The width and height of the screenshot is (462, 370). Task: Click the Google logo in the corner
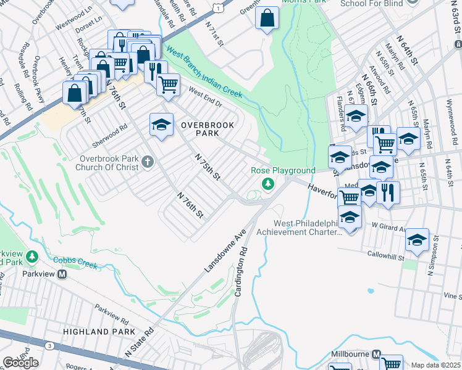[20, 363]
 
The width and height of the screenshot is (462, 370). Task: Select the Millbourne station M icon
[376, 355]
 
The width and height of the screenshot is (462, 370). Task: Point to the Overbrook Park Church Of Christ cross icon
[147, 162]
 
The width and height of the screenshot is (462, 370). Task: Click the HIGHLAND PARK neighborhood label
[94, 332]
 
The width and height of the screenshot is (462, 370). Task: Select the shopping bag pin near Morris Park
[267, 19]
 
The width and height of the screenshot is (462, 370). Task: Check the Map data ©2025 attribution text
[436, 365]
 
